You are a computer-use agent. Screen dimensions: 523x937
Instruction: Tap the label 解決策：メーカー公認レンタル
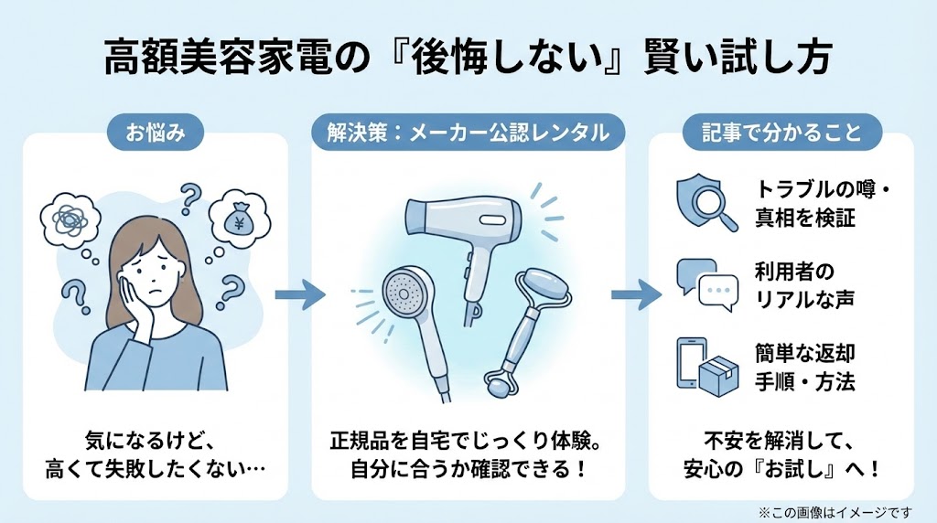pyautogui.click(x=468, y=133)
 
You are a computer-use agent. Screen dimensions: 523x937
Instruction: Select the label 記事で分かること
pyautogui.click(x=782, y=133)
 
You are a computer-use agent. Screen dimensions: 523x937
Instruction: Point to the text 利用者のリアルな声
pyautogui.click(x=805, y=284)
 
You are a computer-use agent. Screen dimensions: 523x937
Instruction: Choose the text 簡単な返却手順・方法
pyautogui.click(x=806, y=368)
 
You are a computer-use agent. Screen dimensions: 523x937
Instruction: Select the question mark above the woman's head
pyautogui.click(x=190, y=195)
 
